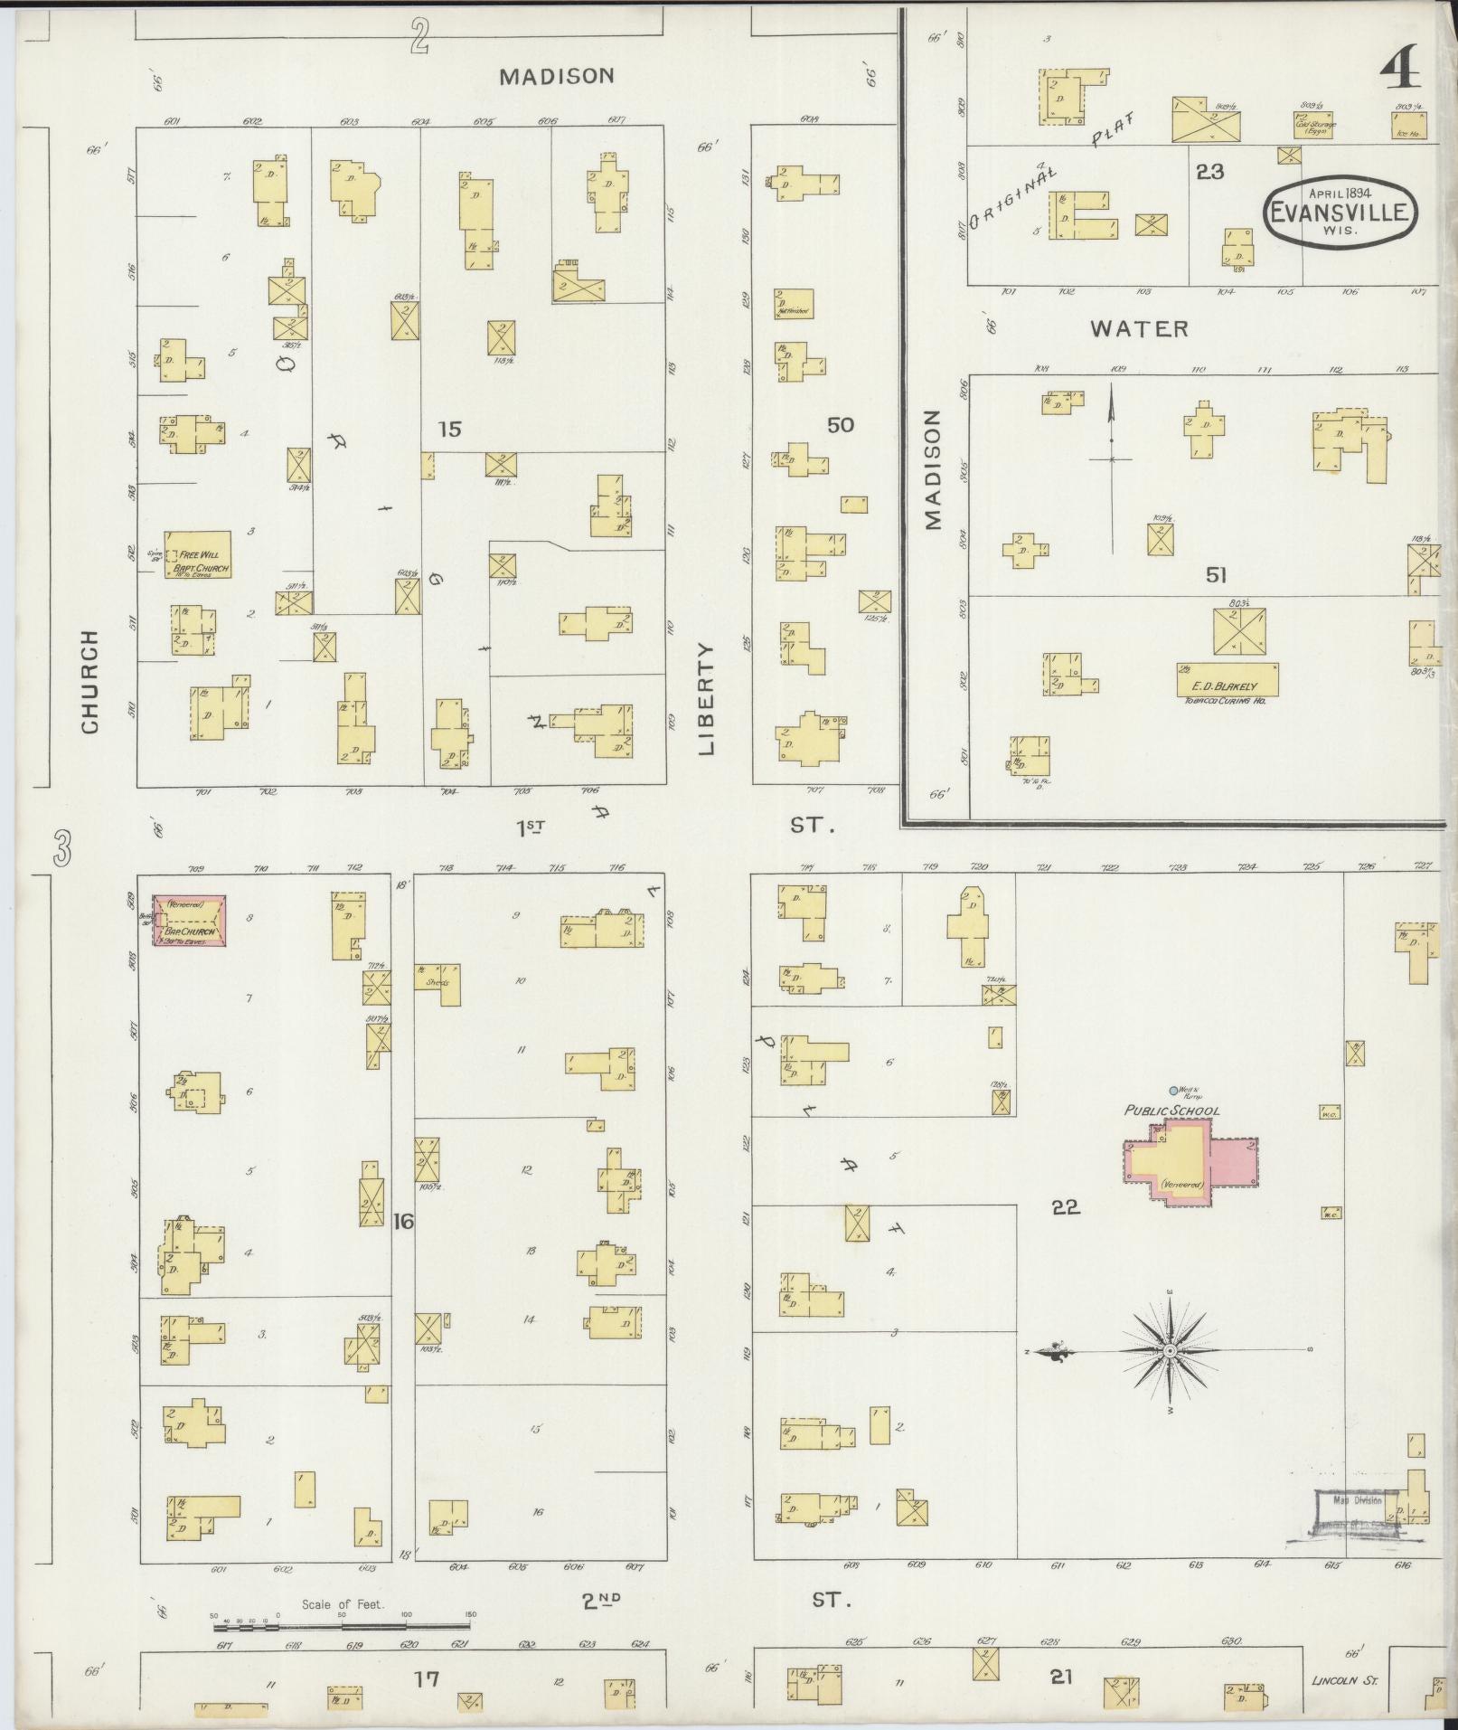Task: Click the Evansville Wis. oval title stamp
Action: (x=1340, y=212)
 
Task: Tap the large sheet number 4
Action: (x=1401, y=69)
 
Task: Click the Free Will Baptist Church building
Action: (x=197, y=554)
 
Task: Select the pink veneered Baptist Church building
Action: (x=189, y=921)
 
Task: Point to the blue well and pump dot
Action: (x=1173, y=1091)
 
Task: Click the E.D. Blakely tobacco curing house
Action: (x=1228, y=679)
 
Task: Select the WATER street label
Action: (x=1139, y=328)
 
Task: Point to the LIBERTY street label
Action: (x=707, y=698)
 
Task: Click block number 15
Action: (x=449, y=430)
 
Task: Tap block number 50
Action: (x=840, y=424)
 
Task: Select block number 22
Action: (x=1066, y=1206)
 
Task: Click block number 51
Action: (x=1216, y=574)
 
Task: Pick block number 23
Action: (x=1209, y=171)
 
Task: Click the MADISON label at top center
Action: (x=557, y=76)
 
